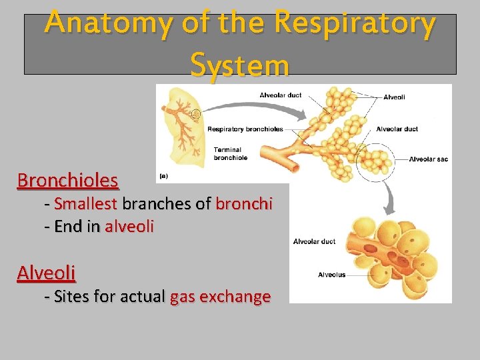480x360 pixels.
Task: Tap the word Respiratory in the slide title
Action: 355,24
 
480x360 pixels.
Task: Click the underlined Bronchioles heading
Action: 68,181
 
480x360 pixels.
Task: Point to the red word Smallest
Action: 86,204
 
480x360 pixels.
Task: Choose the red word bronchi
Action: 244,204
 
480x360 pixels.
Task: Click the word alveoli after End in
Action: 129,227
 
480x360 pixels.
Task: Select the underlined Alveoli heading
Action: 46,273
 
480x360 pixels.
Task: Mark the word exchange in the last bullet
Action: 237,297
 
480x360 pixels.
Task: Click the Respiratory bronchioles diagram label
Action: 245,129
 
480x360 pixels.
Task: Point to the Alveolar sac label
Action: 427,159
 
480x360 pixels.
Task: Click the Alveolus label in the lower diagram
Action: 332,275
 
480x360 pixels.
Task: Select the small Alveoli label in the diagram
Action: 394,97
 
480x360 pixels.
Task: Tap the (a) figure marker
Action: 163,177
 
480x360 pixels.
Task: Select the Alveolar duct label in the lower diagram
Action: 315,241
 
